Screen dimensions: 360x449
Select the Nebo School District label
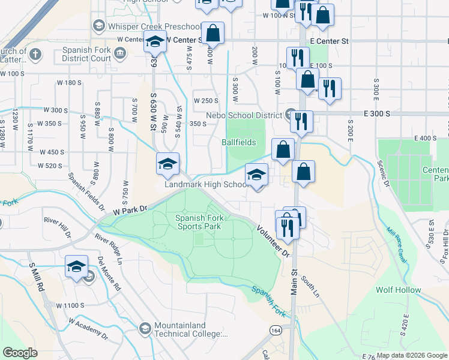244,115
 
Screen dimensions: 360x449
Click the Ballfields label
239,143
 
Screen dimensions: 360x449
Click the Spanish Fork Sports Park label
198,222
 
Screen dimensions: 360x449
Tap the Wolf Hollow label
399,290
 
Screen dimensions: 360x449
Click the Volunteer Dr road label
274,241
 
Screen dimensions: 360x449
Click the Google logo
20,353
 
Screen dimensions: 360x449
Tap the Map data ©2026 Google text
412,355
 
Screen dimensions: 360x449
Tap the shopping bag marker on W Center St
212,34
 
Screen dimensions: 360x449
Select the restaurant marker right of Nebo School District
301,121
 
